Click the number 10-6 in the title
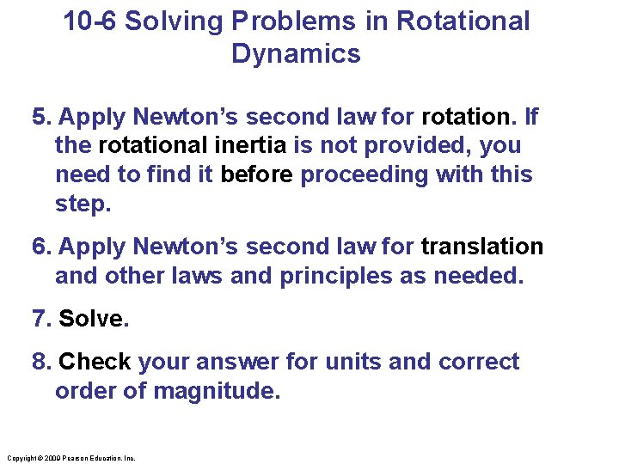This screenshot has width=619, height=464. [x=90, y=21]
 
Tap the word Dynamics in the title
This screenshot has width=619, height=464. [x=296, y=54]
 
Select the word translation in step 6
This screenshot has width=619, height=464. [x=481, y=247]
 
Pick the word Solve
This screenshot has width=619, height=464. [x=94, y=319]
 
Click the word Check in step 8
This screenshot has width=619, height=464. [x=95, y=362]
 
